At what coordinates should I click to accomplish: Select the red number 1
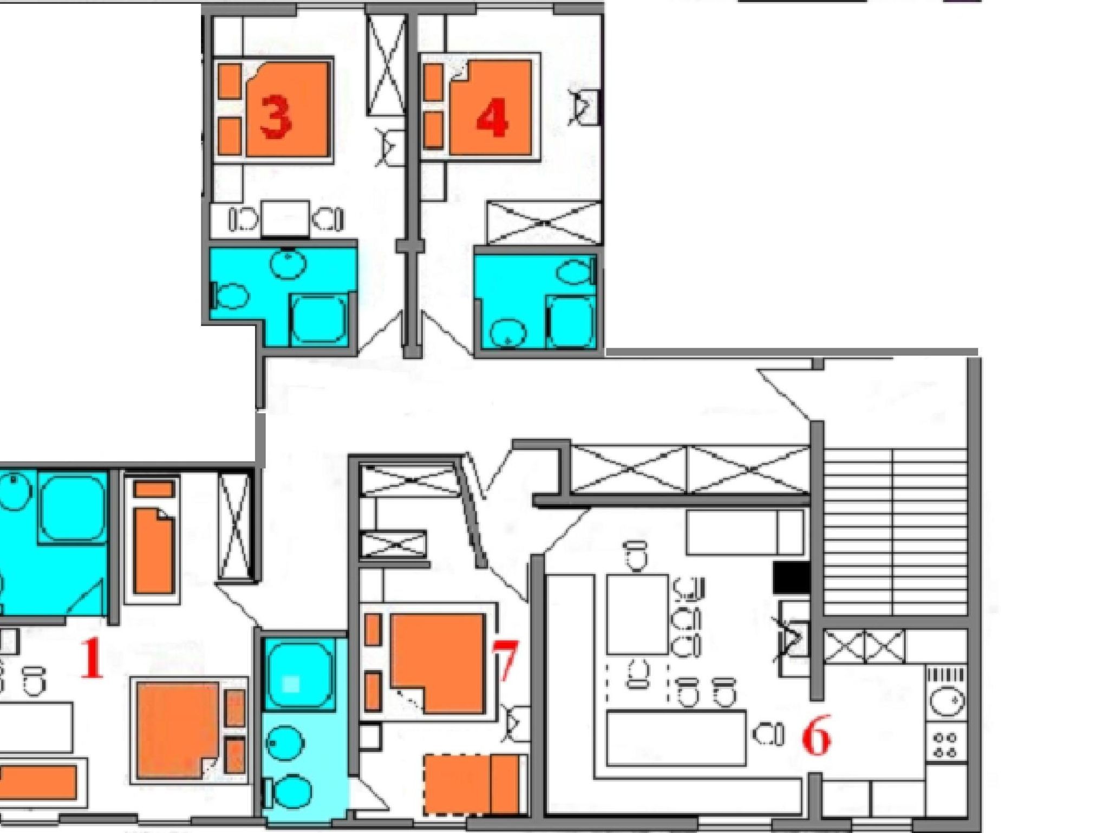(x=92, y=658)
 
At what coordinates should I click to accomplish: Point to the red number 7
(x=506, y=661)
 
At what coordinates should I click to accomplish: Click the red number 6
(x=816, y=738)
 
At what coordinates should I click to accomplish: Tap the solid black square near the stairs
(x=791, y=577)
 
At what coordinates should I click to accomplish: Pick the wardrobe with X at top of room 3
(x=386, y=65)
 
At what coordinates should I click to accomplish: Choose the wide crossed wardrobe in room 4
(x=544, y=223)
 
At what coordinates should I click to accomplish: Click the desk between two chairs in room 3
(x=285, y=219)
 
